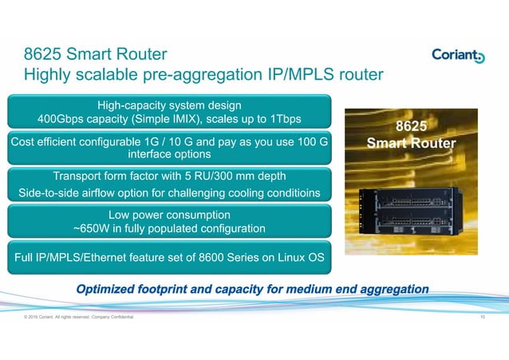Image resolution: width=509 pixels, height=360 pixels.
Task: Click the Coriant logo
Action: (457, 55)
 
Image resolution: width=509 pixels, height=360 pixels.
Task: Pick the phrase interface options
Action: (168, 155)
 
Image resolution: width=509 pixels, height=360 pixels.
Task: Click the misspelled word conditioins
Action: (289, 193)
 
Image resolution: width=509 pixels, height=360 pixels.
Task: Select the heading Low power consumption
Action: (168, 215)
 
